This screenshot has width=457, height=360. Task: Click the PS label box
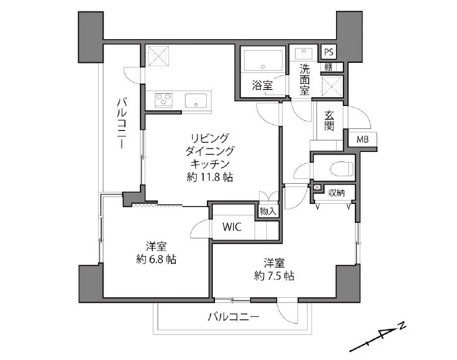point(329,52)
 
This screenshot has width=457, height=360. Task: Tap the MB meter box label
point(362,140)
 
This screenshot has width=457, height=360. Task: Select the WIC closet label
point(232,227)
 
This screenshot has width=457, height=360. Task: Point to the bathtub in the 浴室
point(263,60)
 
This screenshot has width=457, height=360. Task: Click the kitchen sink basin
point(196,101)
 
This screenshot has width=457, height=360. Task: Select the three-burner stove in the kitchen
point(164,100)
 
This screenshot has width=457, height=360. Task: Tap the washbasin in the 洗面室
point(304,54)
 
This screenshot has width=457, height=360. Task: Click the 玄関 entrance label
point(329,121)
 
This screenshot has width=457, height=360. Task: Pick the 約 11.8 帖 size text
point(210,177)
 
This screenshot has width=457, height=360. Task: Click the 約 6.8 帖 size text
point(156,259)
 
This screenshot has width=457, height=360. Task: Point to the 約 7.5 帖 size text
point(274,276)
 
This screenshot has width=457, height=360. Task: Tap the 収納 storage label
point(337,192)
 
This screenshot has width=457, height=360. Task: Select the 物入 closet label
point(268,211)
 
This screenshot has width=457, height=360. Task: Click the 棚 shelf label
point(329,68)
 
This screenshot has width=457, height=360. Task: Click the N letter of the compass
point(402,326)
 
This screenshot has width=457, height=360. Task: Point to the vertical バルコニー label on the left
point(122,123)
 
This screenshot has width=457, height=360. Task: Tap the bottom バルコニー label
point(233,317)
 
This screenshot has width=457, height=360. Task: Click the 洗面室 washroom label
point(305,80)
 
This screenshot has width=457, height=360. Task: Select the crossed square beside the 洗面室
point(332,86)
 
